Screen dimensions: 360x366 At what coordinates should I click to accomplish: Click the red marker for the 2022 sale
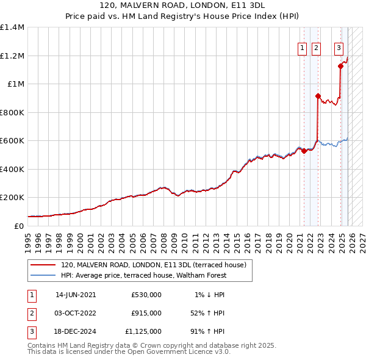(x=318, y=96)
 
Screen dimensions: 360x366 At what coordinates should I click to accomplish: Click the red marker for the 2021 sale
(x=304, y=151)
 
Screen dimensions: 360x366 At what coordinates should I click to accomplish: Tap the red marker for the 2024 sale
(x=340, y=67)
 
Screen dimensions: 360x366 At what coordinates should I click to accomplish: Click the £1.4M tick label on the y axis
(x=12, y=27)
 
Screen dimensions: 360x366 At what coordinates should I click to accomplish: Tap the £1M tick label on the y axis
(x=16, y=84)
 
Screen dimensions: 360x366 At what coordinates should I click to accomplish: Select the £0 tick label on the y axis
(x=20, y=226)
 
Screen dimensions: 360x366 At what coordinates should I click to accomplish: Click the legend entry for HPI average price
(x=143, y=275)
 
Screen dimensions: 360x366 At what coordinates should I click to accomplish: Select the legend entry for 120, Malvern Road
(x=153, y=265)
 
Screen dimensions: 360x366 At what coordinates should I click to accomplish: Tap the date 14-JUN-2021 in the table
(x=76, y=294)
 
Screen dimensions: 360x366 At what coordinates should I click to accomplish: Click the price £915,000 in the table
(x=146, y=313)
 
